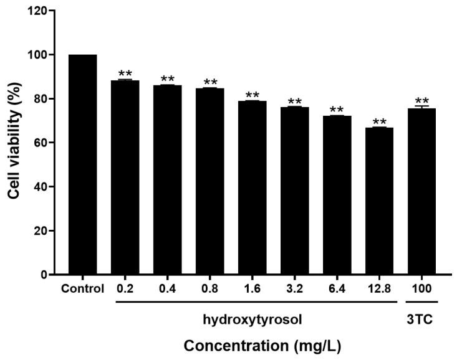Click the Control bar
[x=82, y=164]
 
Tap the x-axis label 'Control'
[x=82, y=290]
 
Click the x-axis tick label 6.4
[x=337, y=290]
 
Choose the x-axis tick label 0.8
[x=209, y=290]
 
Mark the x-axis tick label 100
[x=421, y=290]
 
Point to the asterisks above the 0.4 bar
[x=167, y=79]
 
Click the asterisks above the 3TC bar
[x=421, y=101]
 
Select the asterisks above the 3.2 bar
[x=294, y=102]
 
